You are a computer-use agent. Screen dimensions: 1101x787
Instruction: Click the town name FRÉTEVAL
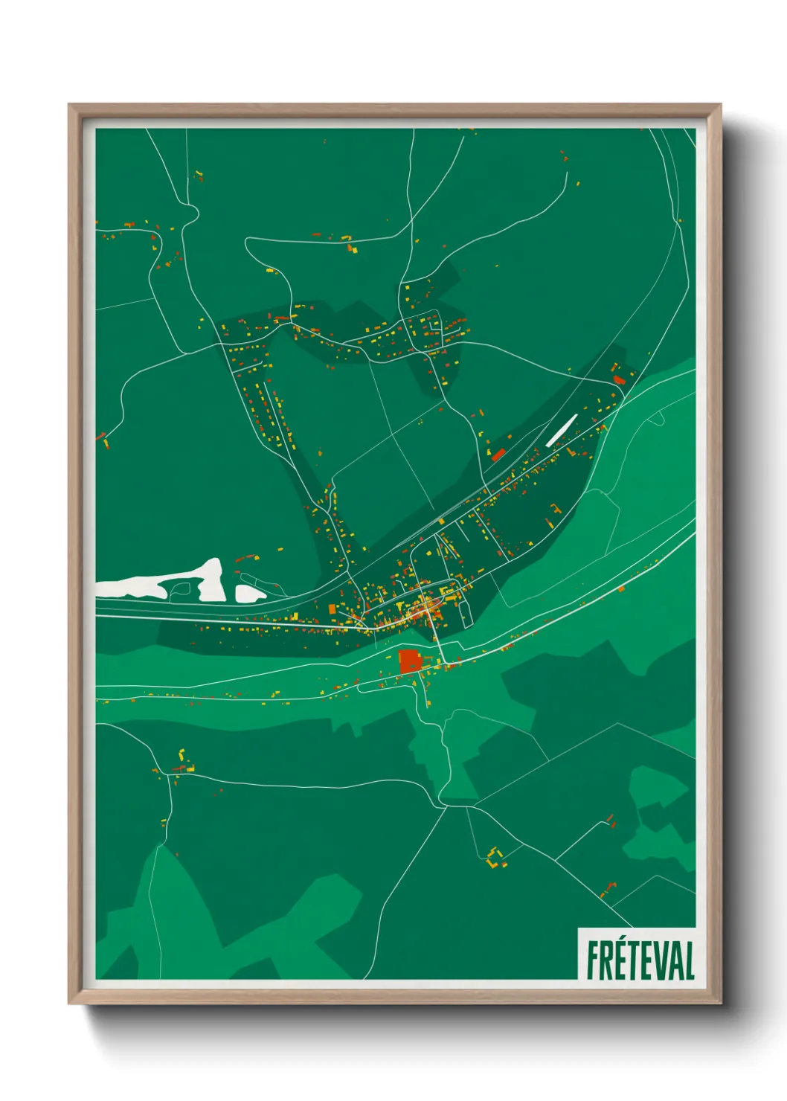(x=640, y=960)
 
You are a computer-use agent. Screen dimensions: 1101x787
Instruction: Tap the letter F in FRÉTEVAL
(x=593, y=960)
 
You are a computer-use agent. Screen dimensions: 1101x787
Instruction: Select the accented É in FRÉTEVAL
(x=623, y=960)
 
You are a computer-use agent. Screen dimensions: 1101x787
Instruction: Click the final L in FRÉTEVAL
(x=690, y=960)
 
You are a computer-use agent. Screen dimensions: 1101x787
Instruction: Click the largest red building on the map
(x=409, y=661)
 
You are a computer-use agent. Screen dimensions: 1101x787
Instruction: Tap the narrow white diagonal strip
(x=562, y=430)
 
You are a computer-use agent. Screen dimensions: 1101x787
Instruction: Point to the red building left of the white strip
(x=498, y=454)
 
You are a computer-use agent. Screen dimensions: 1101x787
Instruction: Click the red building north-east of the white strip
(x=618, y=379)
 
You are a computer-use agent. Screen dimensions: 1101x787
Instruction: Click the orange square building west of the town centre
(x=333, y=609)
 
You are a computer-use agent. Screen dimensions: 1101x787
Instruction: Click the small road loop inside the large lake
(x=179, y=589)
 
